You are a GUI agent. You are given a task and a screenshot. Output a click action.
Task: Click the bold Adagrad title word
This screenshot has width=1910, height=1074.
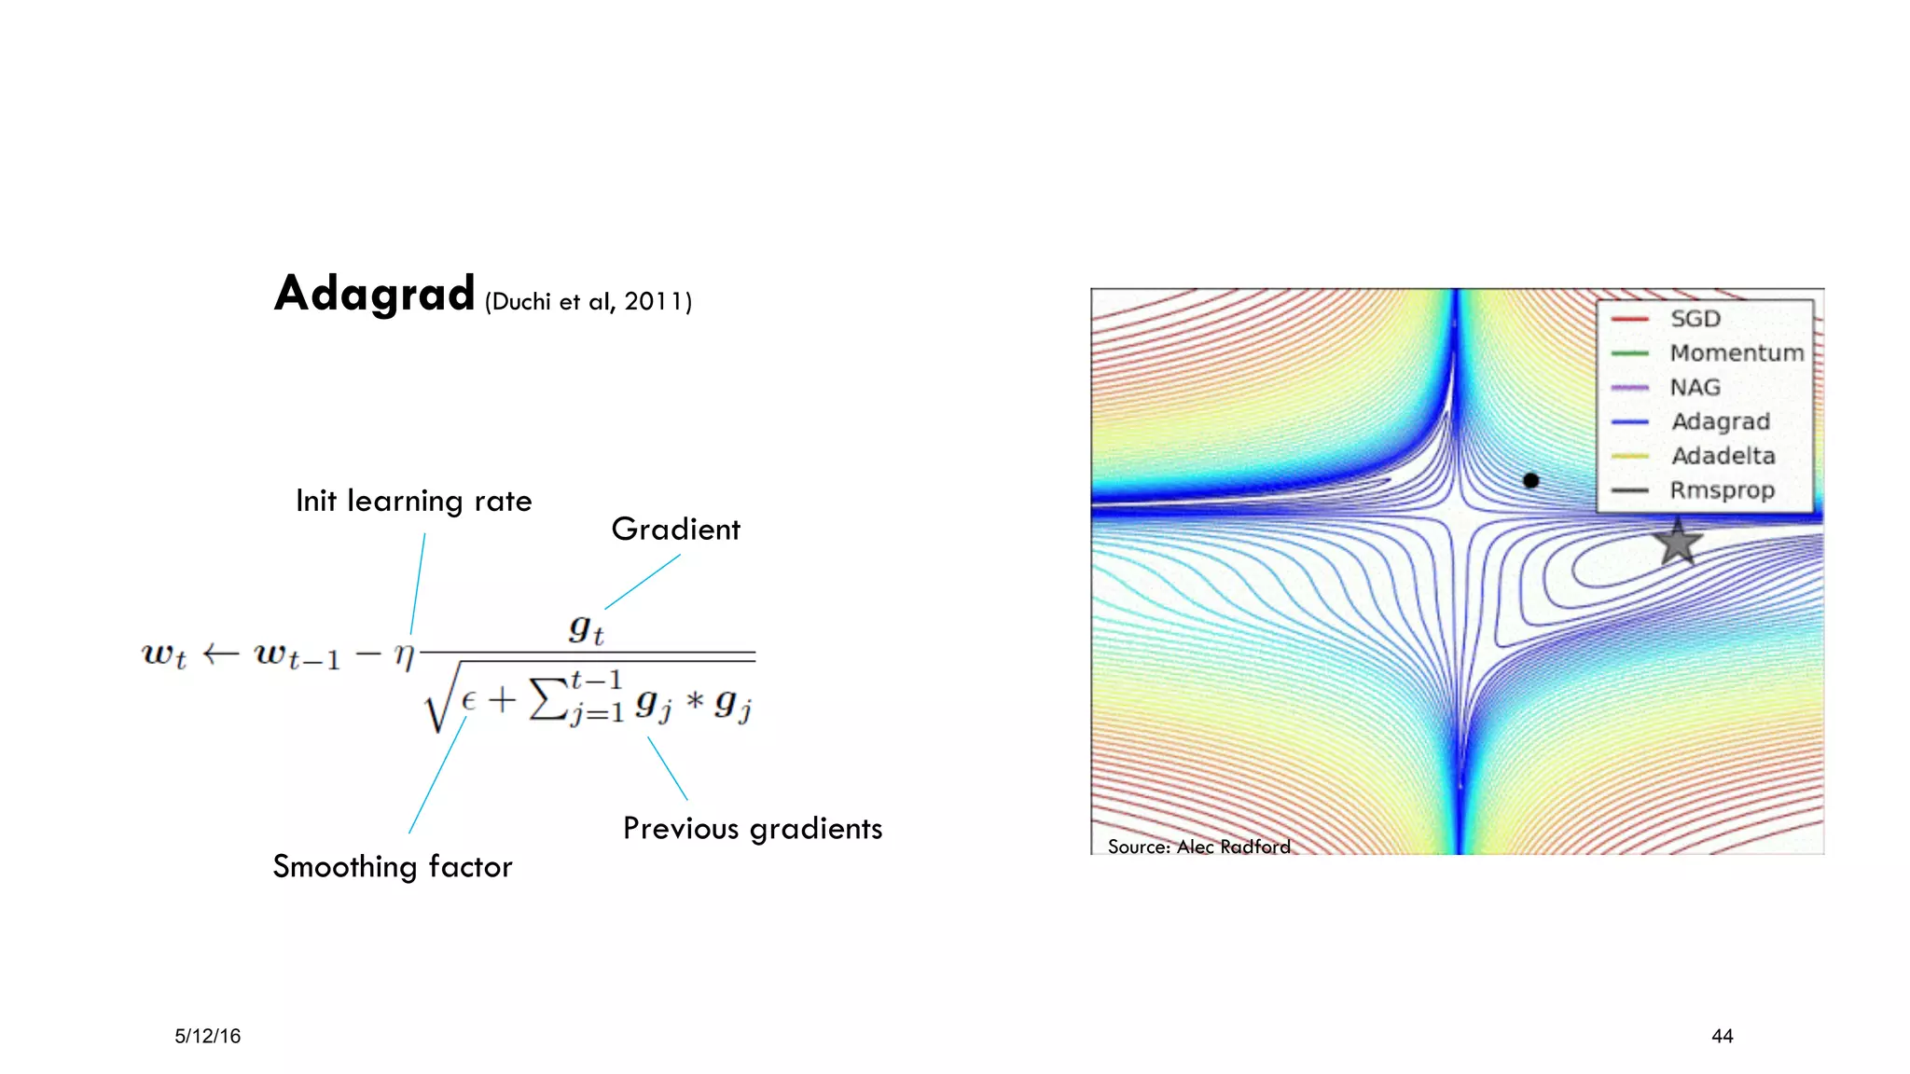coord(374,294)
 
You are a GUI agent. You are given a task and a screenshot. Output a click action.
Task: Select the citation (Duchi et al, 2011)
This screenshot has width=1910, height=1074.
coord(588,301)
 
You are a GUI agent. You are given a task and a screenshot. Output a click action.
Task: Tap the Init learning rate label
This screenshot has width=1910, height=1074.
coord(413,501)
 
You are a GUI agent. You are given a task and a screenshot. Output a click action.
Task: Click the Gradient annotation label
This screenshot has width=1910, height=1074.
coord(675,530)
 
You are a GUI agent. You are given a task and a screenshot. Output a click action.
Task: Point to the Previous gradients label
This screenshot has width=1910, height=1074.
coord(752,828)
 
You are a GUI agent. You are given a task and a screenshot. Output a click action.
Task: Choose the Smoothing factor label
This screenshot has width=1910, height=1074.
coord(392,866)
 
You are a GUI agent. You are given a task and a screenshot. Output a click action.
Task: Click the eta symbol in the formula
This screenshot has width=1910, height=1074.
coord(404,654)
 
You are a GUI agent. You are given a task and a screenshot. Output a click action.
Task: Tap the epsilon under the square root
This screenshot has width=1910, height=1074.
coord(468,698)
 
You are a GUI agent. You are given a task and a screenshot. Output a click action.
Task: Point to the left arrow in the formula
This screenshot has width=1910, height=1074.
coord(220,654)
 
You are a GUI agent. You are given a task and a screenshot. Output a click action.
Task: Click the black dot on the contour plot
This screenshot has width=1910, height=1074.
coord(1530,480)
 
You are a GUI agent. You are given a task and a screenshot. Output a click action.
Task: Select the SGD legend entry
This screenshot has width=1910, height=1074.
coord(1695,319)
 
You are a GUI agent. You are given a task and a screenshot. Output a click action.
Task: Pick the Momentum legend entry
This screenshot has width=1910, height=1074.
coord(1736,353)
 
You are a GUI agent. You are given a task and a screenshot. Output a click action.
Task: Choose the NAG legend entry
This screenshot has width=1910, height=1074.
coord(1695,387)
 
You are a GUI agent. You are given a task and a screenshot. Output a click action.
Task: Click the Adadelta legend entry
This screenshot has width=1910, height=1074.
coord(1723,456)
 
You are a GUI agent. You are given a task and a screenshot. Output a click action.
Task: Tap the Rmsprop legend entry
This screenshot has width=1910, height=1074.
coord(1722,490)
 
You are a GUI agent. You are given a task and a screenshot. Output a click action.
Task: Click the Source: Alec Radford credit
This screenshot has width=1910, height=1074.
coord(1198,847)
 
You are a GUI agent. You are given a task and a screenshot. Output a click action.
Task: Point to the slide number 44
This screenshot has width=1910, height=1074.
coord(1722,1036)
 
